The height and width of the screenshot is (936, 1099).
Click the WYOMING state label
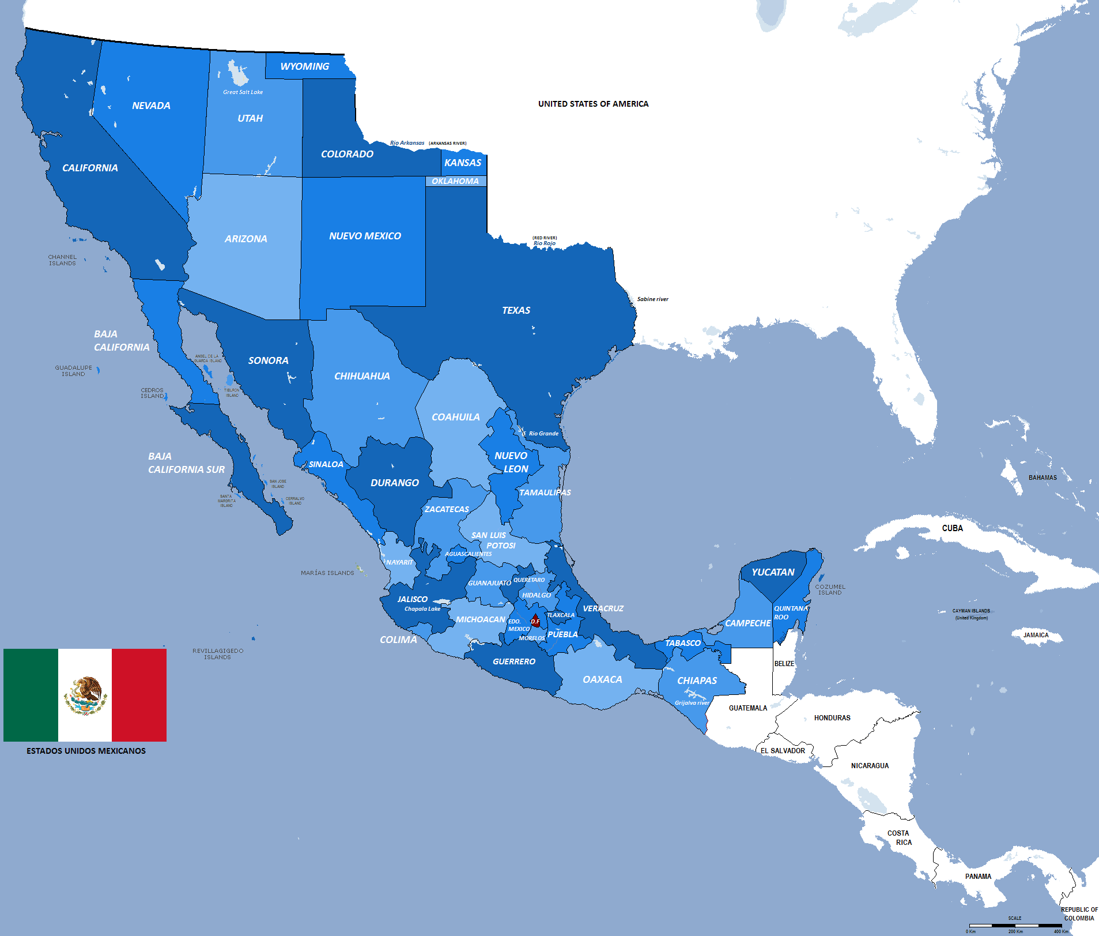(x=304, y=67)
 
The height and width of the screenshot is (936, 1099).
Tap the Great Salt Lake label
(x=243, y=92)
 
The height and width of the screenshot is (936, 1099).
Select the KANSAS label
(x=463, y=163)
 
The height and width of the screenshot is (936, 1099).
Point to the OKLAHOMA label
(x=455, y=181)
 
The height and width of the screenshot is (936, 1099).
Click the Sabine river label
(x=652, y=299)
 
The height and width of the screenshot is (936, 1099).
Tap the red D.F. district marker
(x=535, y=621)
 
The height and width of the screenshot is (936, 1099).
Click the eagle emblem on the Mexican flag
(x=85, y=695)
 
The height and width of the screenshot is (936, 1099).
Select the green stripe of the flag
(x=31, y=695)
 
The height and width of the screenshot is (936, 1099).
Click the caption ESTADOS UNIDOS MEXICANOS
(x=86, y=751)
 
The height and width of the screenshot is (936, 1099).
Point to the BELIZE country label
(x=784, y=664)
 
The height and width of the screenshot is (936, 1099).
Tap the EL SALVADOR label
(x=783, y=751)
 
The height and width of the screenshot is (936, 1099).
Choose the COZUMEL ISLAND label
(x=830, y=589)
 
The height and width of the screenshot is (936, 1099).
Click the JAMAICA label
(x=1036, y=636)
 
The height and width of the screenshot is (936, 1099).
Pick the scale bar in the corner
(x=1015, y=926)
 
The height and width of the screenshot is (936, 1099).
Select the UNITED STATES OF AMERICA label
(x=593, y=104)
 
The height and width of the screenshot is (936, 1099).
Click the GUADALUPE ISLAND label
(x=73, y=371)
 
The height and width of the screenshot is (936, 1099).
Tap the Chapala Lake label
(x=422, y=609)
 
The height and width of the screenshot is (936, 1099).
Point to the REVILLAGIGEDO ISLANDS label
(x=217, y=654)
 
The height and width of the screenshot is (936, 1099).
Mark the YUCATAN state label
(x=773, y=572)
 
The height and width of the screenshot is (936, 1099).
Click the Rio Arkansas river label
(x=407, y=143)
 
